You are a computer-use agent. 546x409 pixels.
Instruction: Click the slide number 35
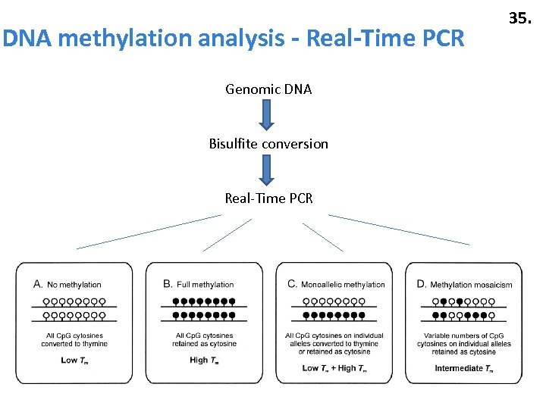click(519, 18)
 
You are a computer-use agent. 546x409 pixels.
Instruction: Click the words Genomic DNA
click(268, 89)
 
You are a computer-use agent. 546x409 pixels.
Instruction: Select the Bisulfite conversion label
click(268, 144)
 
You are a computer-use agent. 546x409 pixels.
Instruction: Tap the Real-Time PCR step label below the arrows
click(268, 198)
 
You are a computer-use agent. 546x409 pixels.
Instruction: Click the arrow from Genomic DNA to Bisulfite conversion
click(266, 116)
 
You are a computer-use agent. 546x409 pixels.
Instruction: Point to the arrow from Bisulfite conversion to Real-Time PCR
click(266, 170)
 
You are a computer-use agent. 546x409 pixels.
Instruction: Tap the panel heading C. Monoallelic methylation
click(336, 285)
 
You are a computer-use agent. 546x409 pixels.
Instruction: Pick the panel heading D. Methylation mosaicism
click(464, 285)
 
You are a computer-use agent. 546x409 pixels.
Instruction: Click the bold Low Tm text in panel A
click(74, 360)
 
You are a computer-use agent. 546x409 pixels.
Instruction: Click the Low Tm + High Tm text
click(334, 368)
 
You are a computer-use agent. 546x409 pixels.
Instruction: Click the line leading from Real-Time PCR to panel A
click(149, 232)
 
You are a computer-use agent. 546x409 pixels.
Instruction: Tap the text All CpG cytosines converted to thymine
click(74, 339)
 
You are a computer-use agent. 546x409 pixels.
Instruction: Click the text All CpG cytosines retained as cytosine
click(205, 339)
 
